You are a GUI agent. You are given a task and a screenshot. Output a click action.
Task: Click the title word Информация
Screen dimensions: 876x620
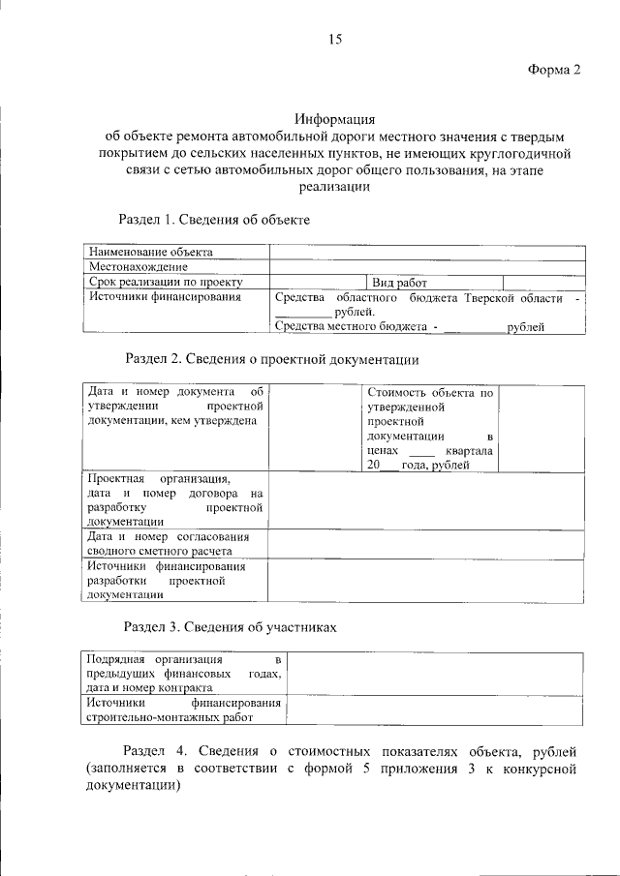[x=335, y=119]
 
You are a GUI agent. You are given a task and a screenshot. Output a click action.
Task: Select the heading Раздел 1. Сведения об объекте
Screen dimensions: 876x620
[x=213, y=220]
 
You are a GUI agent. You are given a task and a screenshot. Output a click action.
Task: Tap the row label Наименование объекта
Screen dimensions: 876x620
[x=150, y=252]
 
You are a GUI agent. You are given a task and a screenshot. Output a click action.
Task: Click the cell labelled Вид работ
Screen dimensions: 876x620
[x=400, y=282]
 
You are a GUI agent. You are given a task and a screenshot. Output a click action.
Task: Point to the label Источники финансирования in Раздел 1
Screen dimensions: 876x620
[x=164, y=297]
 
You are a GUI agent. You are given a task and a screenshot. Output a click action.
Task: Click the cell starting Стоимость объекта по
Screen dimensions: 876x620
[x=430, y=429]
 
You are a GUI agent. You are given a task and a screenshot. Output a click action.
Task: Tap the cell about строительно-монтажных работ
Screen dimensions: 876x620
[x=183, y=710]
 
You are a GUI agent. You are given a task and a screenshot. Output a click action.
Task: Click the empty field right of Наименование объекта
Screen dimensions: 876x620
[x=426, y=252]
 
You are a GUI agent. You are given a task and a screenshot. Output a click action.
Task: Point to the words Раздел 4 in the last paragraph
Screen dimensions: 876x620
[x=158, y=751]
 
